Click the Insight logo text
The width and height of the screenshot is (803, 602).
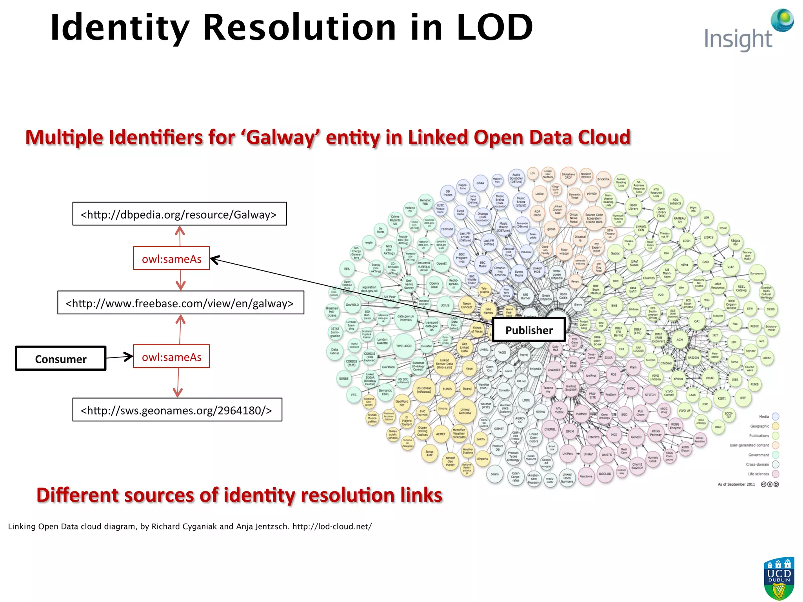click(738, 39)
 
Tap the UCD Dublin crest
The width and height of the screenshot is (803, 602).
click(779, 578)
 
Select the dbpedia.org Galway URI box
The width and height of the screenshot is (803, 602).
click(179, 214)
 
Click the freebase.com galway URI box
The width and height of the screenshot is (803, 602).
click(180, 303)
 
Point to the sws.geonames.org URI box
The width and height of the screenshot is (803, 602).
click(177, 410)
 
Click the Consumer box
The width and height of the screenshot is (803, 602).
click(61, 359)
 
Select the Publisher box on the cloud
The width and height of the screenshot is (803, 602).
click(529, 330)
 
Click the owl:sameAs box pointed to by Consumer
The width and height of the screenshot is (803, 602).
click(171, 357)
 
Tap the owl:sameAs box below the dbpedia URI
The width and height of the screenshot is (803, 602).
click(171, 259)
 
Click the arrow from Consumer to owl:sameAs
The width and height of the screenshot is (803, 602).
click(120, 357)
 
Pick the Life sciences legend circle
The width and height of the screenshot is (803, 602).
click(775, 474)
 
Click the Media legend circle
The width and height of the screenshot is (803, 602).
click(775, 417)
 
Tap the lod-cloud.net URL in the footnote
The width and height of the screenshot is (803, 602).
click(332, 526)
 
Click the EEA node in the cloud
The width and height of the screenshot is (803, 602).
click(347, 269)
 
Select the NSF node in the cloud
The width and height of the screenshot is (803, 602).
click(743, 397)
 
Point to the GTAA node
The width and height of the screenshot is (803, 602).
click(480, 183)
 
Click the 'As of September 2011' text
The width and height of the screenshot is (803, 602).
click(736, 484)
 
